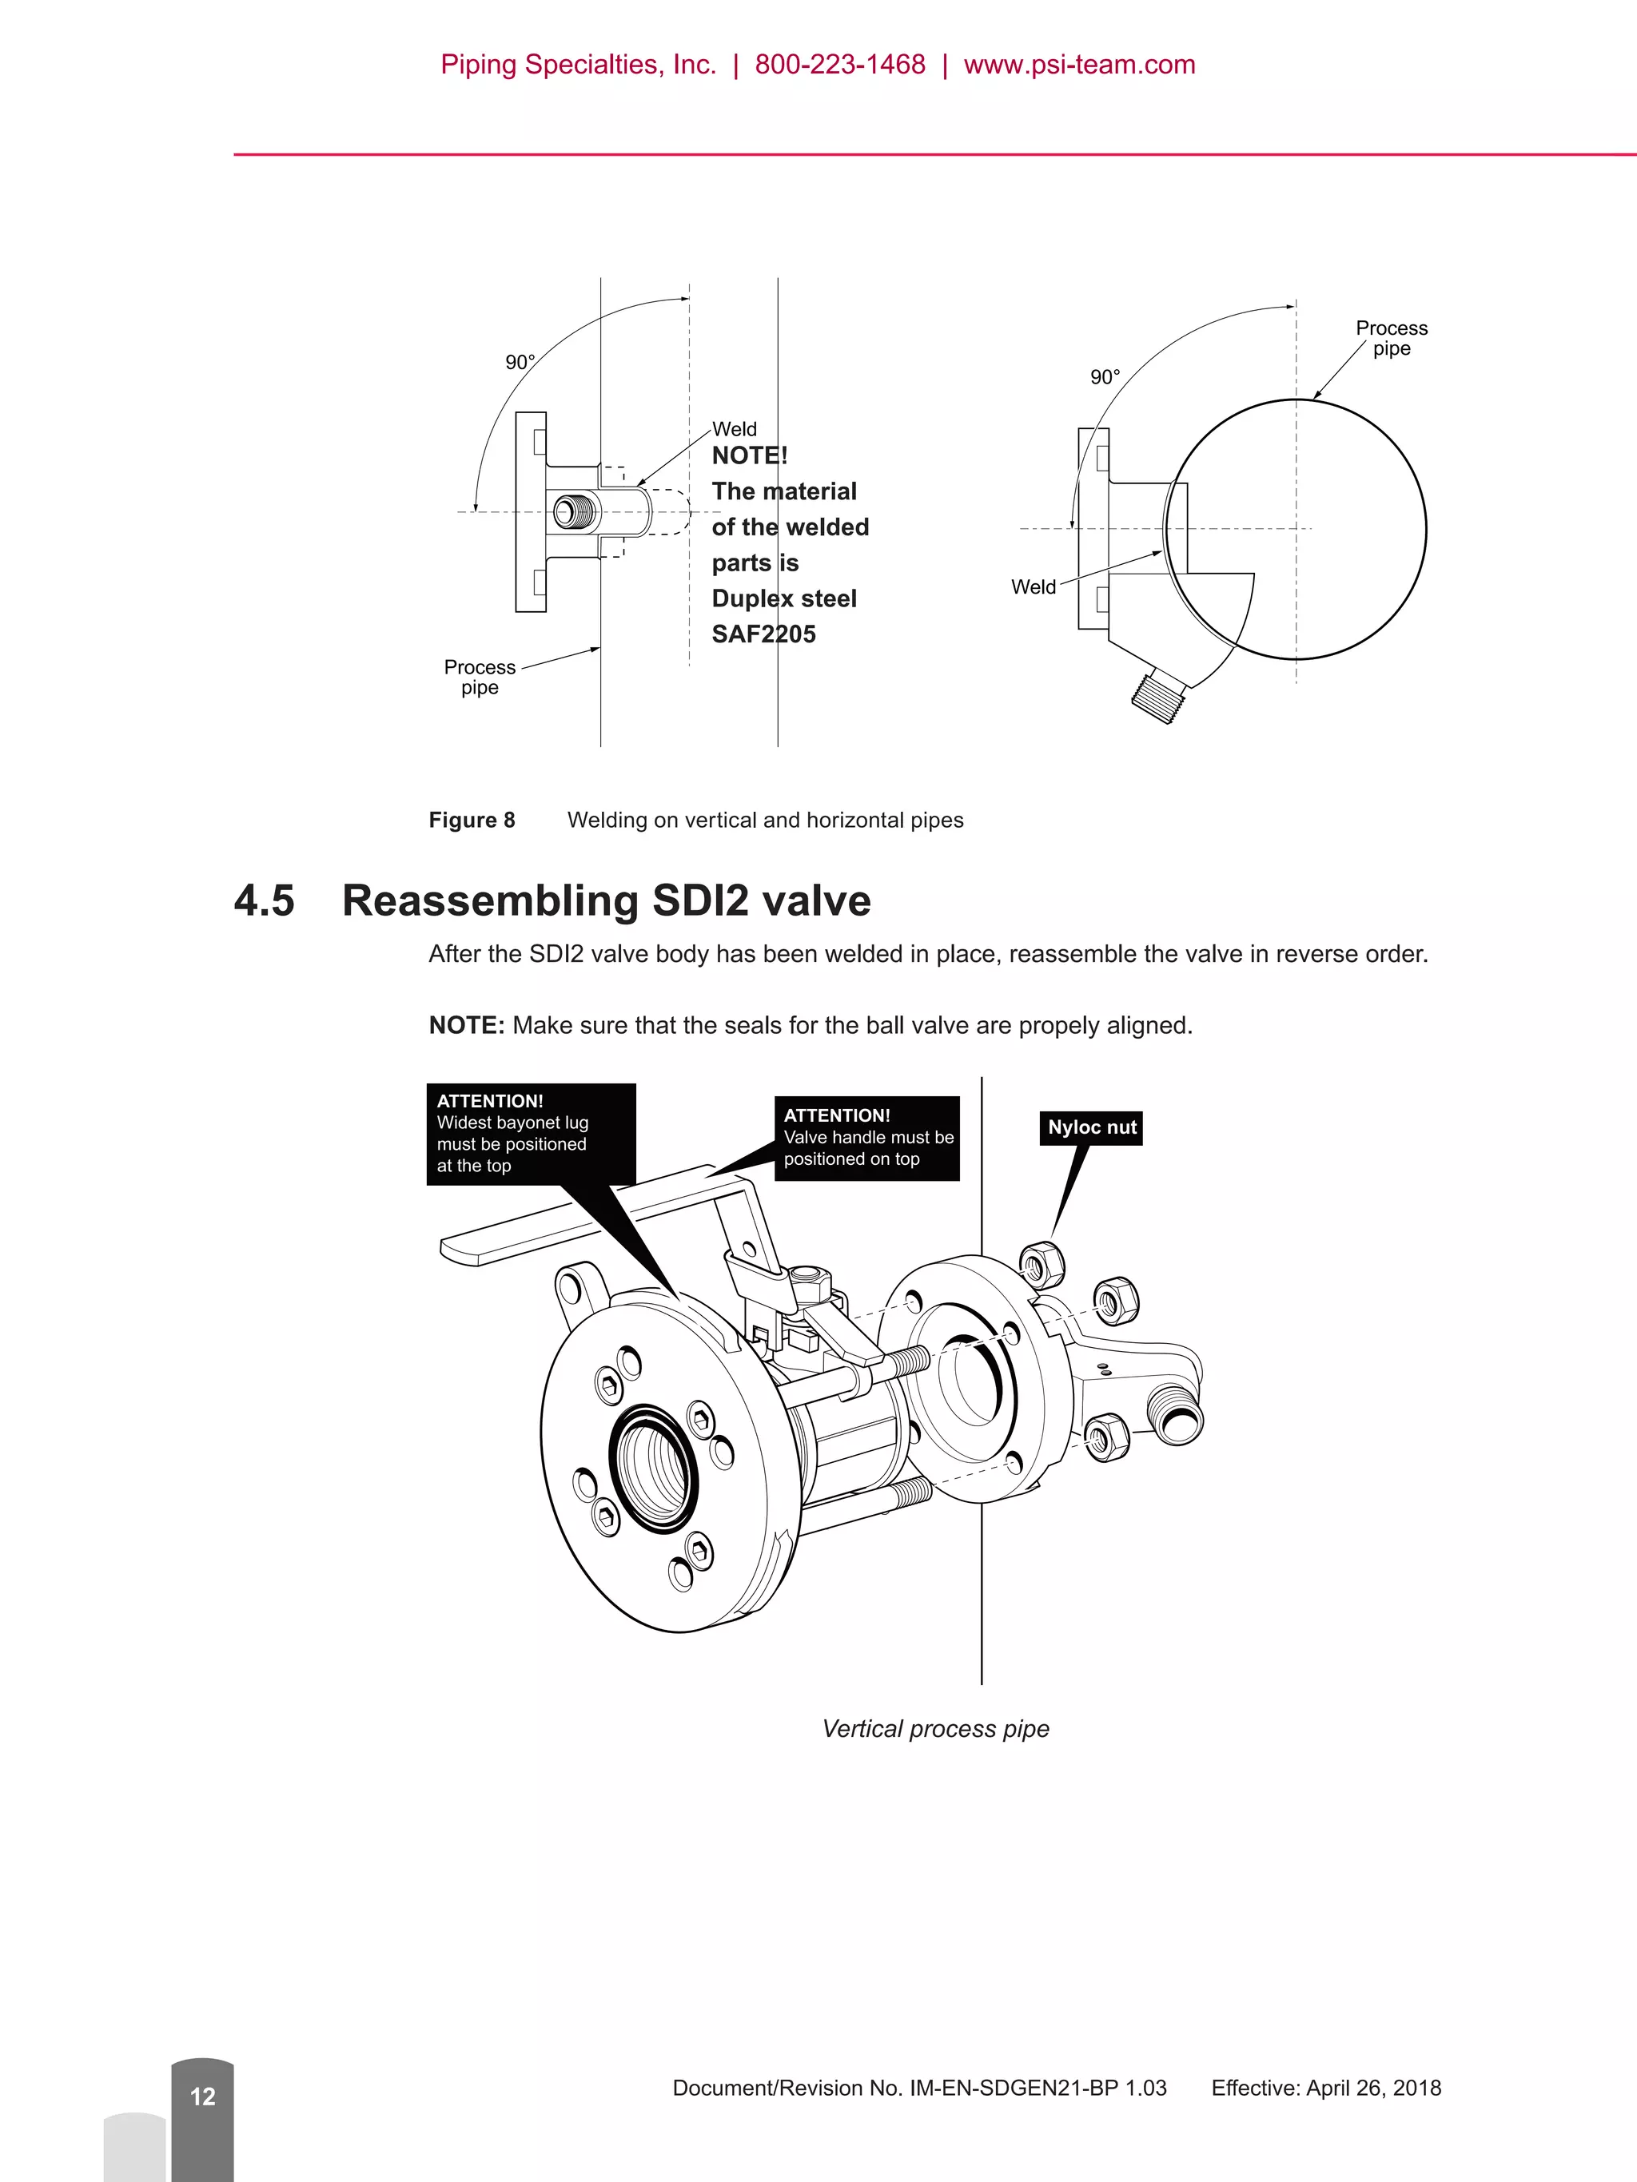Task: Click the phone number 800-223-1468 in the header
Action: coord(840,65)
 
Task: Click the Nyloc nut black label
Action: coord(1090,1127)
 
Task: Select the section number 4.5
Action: coord(265,900)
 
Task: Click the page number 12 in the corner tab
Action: coord(202,2097)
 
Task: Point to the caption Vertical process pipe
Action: coord(934,1728)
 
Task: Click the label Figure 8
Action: coord(472,820)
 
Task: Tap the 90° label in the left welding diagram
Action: coord(520,363)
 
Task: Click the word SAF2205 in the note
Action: coord(763,634)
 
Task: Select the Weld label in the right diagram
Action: coord(1032,587)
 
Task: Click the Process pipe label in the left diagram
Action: coord(480,677)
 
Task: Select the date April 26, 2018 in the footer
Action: coord(1372,2087)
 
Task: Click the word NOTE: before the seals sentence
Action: coord(466,1026)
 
